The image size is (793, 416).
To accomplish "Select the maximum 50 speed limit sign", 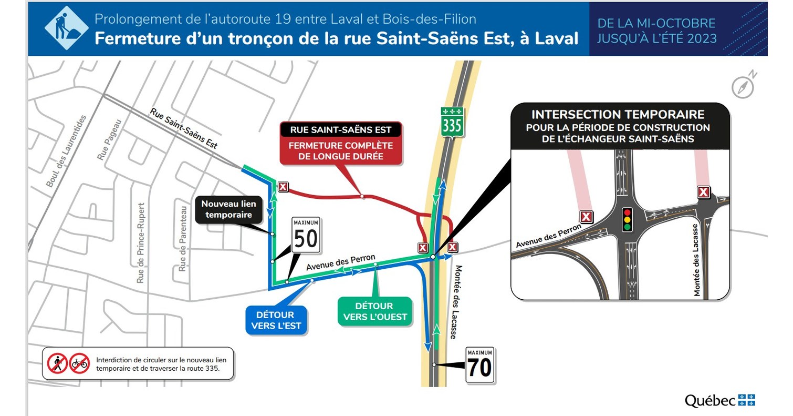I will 306,237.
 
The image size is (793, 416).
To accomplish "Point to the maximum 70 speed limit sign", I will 479,365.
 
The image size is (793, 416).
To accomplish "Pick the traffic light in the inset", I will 627,220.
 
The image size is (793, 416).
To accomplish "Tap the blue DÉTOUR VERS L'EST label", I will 276,320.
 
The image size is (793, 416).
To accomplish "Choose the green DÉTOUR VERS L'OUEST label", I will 374,311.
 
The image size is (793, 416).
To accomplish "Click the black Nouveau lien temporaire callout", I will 226,209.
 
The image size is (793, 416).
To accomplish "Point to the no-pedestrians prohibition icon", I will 58,363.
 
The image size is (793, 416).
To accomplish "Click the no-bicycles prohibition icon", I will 80,363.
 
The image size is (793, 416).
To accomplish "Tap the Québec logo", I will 719,400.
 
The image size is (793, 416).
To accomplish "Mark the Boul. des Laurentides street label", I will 65,151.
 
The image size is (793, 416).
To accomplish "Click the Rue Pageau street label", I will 109,139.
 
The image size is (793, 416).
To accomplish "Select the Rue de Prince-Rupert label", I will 141,243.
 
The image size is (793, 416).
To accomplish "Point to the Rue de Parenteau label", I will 183,238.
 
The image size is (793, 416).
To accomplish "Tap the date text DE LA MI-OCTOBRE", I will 656,23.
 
